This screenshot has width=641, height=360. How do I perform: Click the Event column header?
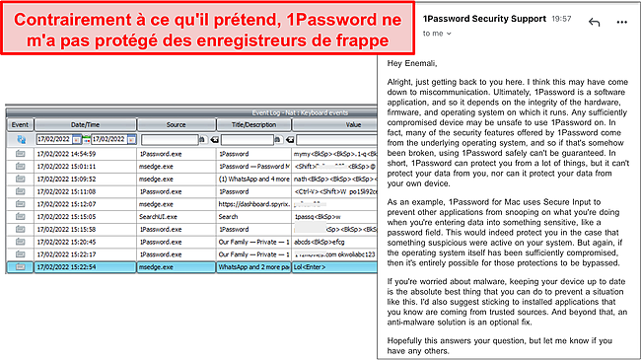(x=19, y=125)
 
